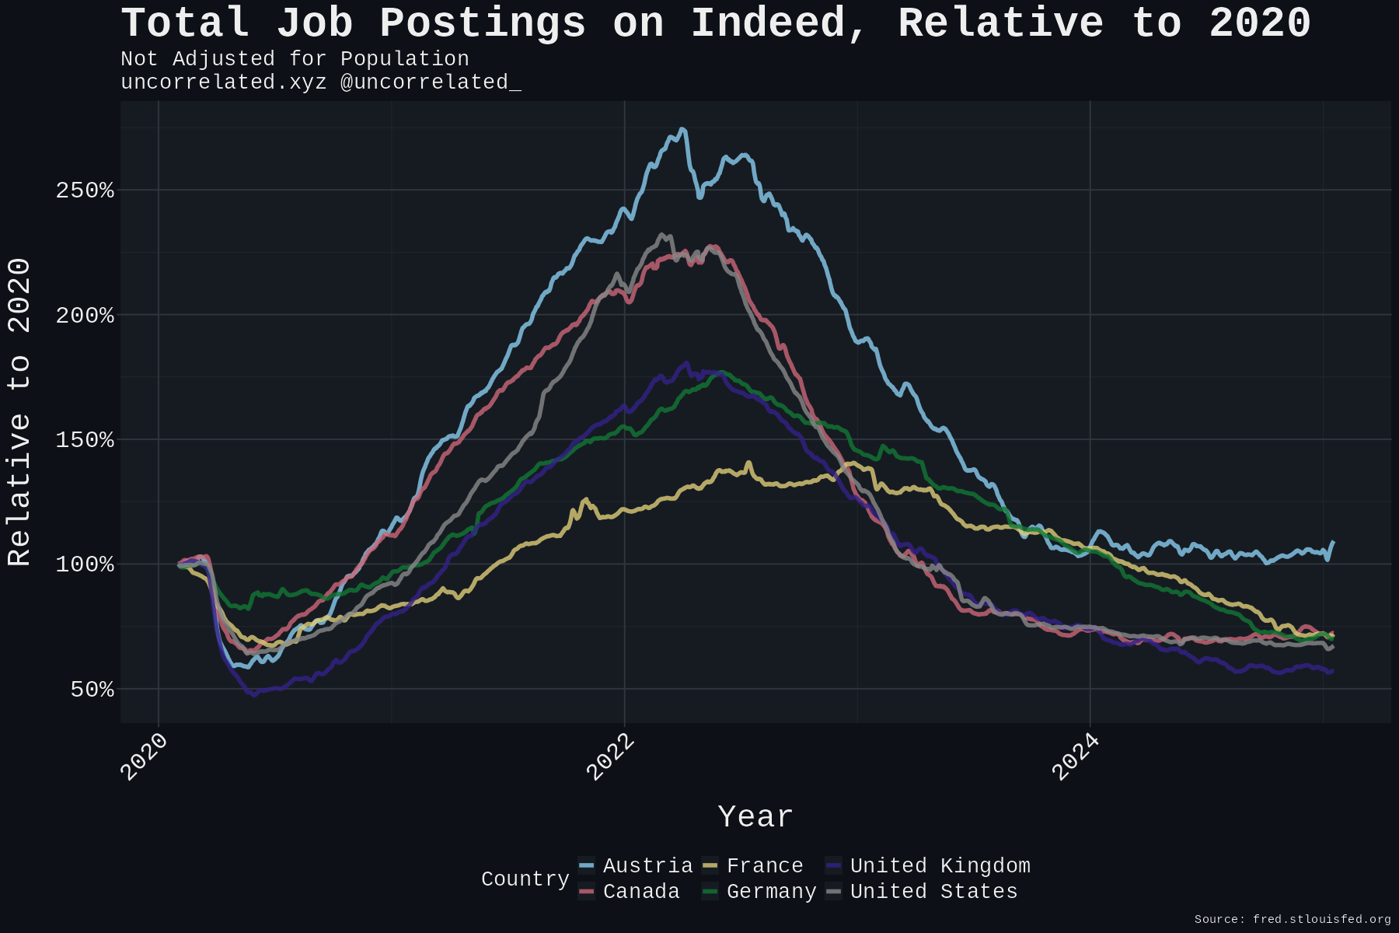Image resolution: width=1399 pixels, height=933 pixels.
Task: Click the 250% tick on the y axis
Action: pos(85,190)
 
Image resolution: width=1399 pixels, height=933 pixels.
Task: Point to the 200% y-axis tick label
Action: pos(85,316)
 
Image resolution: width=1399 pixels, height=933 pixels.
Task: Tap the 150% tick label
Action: pos(85,440)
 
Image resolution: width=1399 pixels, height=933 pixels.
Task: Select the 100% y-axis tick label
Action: pos(85,564)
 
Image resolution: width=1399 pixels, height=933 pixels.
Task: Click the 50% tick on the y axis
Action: pos(92,690)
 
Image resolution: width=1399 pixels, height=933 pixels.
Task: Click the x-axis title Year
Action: pos(755,817)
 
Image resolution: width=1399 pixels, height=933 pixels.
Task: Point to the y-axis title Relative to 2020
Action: pos(19,412)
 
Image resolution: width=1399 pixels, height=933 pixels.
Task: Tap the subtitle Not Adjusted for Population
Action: pos(295,59)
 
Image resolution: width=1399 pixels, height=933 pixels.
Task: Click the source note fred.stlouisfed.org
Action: pos(1321,919)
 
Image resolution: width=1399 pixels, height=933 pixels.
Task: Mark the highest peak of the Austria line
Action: pos(682,129)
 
